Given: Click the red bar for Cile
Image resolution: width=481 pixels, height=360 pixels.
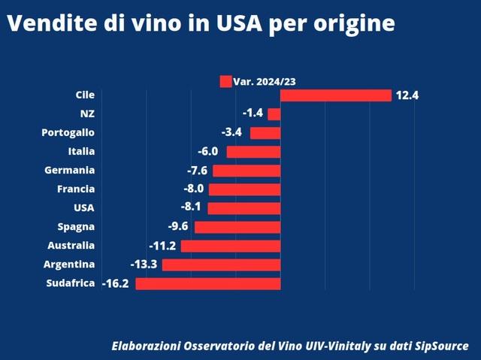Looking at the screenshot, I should [x=336, y=95].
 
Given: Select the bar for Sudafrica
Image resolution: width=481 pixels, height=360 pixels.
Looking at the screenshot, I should [x=208, y=283].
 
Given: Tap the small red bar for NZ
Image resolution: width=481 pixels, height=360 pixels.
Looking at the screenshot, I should [x=274, y=114].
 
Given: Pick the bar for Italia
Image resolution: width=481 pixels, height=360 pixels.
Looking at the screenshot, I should [x=253, y=152].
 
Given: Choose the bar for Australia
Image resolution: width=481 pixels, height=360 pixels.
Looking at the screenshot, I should [x=231, y=246].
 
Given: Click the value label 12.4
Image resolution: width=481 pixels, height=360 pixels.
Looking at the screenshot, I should [x=406, y=95].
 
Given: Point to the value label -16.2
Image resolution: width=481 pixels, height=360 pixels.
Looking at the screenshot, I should [x=116, y=284].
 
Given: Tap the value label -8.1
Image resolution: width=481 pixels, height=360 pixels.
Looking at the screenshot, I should [x=189, y=208].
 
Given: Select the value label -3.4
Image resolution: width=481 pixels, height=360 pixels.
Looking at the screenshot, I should [x=231, y=133].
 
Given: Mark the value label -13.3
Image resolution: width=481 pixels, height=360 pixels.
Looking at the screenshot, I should [x=143, y=265].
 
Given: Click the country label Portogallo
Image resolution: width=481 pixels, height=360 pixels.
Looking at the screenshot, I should [x=68, y=133].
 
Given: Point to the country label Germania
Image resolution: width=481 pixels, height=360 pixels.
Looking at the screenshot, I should [x=70, y=171].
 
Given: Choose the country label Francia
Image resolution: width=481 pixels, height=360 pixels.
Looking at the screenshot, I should [x=76, y=189].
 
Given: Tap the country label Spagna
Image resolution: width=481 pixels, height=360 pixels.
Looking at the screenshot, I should [x=76, y=227].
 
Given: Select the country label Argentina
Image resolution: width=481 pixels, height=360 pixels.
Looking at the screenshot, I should [x=69, y=265].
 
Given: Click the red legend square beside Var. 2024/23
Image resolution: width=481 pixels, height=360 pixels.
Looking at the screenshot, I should [x=225, y=82].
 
